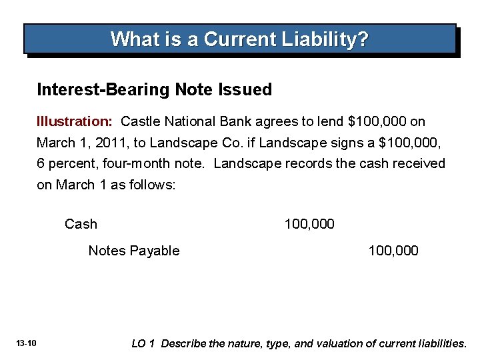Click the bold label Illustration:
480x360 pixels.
coord(74,122)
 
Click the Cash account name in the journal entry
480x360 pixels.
coord(81,224)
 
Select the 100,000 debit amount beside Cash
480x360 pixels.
coord(309,224)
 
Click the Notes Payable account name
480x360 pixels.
coord(134,251)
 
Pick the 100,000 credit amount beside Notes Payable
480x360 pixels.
coord(393,251)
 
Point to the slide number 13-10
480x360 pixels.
coord(27,343)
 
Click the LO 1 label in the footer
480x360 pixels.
coord(143,344)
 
